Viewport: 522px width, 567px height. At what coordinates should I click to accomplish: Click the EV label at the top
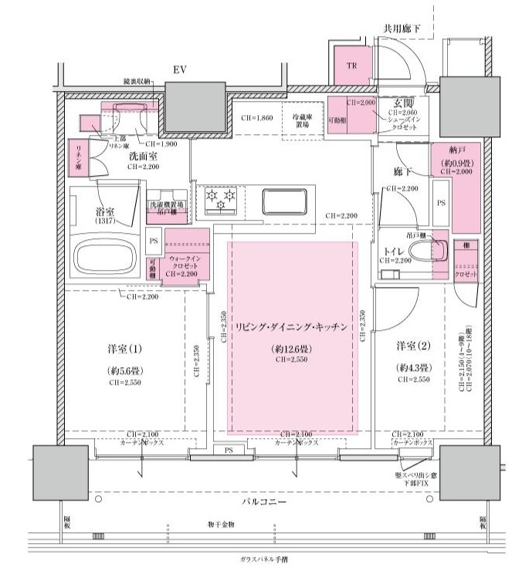click(x=180, y=70)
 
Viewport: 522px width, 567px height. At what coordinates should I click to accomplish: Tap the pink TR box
click(x=351, y=65)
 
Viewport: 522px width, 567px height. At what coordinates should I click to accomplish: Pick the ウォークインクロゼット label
click(x=185, y=258)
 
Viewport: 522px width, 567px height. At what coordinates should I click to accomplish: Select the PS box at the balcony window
click(x=229, y=450)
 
